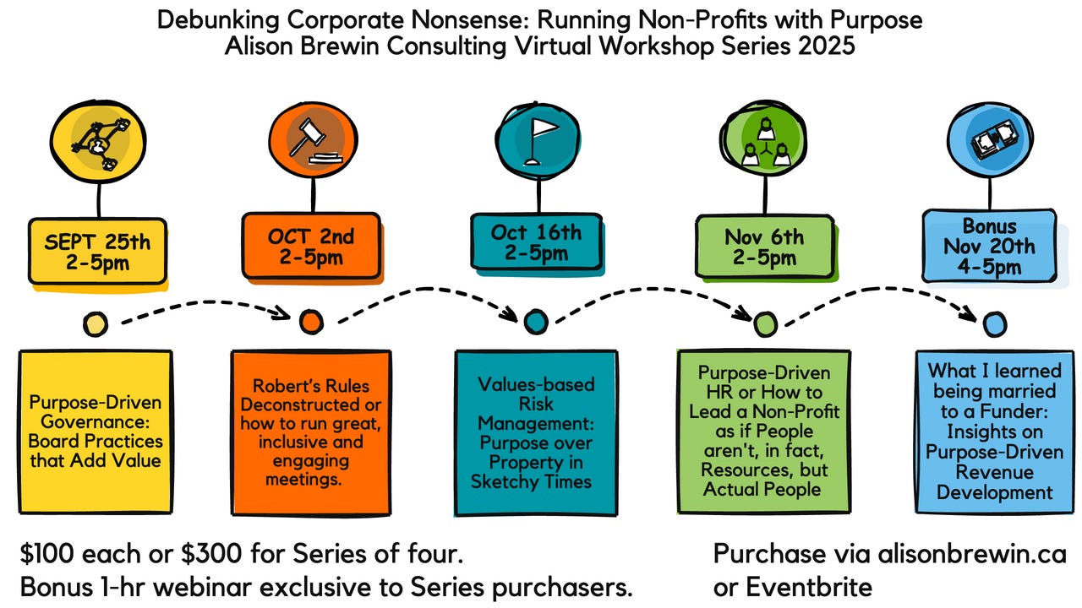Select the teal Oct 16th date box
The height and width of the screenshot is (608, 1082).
537,241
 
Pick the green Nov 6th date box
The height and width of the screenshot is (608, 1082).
762,246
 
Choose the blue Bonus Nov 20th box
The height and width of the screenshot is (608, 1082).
988,247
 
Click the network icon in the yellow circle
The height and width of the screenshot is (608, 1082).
98,141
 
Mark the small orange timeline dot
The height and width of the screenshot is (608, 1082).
310,322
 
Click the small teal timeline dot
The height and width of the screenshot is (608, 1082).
535,321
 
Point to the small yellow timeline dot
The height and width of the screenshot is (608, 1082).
96,323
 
